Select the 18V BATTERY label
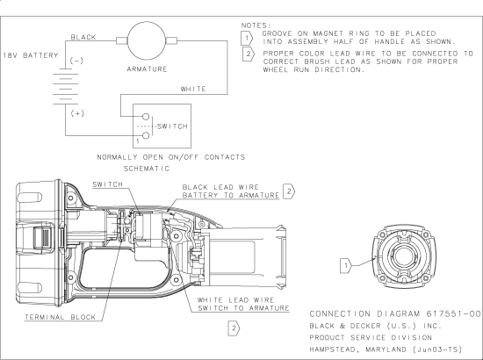(x=31, y=55)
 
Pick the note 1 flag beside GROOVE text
(x=248, y=38)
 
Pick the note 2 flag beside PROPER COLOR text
(x=248, y=54)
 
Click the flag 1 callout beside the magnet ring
(x=347, y=263)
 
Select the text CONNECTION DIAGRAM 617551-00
(x=396, y=312)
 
